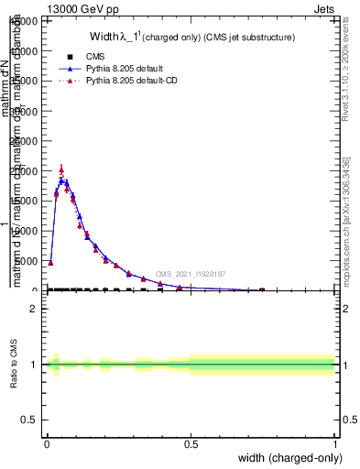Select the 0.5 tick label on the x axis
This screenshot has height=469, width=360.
click(191, 444)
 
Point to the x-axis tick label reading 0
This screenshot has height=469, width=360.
click(47, 444)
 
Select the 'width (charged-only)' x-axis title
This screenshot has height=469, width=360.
click(286, 459)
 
